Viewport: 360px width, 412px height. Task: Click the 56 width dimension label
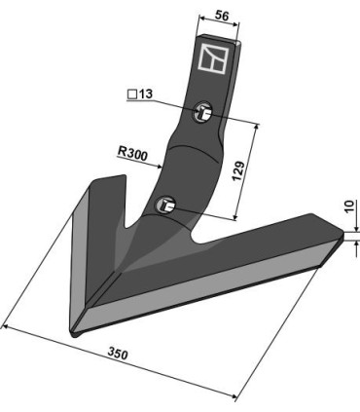(222, 16)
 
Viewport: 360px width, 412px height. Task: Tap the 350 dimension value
(118, 354)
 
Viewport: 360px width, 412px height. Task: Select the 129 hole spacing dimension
(238, 170)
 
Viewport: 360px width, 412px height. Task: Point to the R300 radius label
(132, 154)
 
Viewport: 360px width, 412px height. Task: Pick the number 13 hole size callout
(145, 94)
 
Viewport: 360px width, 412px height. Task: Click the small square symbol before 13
(132, 94)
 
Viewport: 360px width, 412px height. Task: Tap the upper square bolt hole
(203, 112)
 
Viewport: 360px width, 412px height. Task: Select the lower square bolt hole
(165, 206)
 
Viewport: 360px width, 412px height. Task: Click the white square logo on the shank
(213, 57)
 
